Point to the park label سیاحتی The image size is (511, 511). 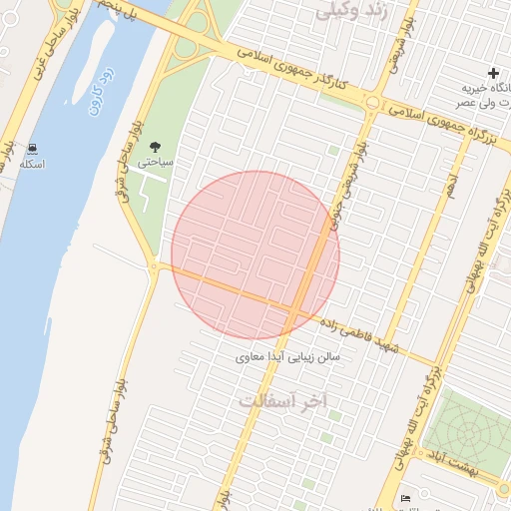(x=160, y=161)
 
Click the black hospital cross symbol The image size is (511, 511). (x=493, y=73)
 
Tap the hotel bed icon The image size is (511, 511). (x=404, y=498)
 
